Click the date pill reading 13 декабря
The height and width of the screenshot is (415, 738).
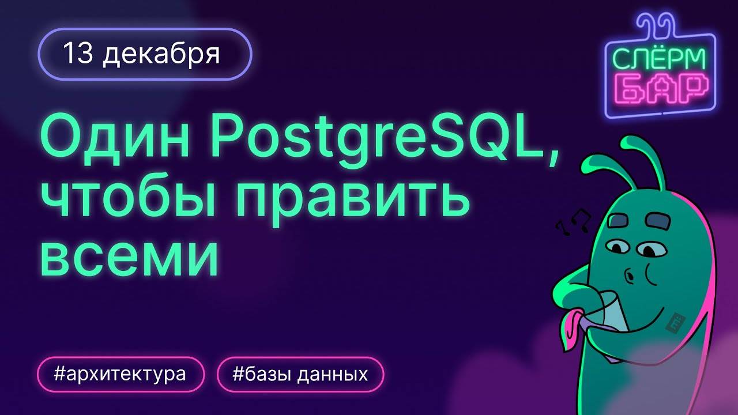click(x=145, y=54)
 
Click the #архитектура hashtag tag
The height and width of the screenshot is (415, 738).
click(x=121, y=375)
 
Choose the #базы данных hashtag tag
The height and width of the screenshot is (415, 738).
click(x=300, y=375)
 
